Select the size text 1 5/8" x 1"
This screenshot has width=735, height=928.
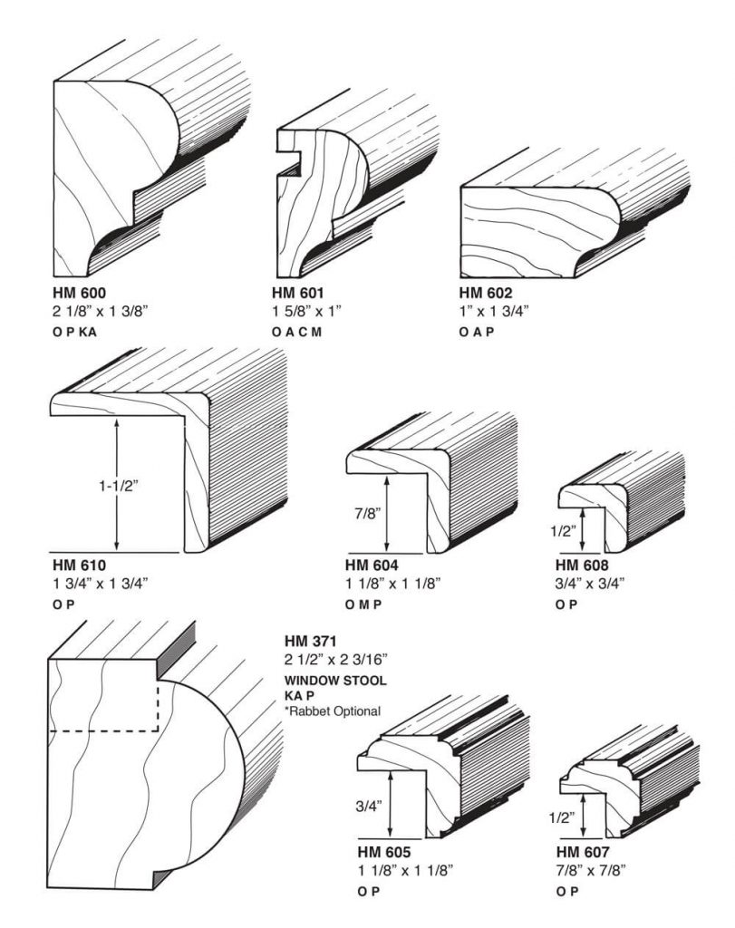click(306, 310)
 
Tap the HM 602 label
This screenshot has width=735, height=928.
click(486, 293)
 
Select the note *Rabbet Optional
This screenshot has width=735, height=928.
click(332, 710)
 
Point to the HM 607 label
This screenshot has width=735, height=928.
click(582, 853)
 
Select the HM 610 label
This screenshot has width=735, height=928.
click(80, 565)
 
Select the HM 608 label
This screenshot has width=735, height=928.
click(582, 565)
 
